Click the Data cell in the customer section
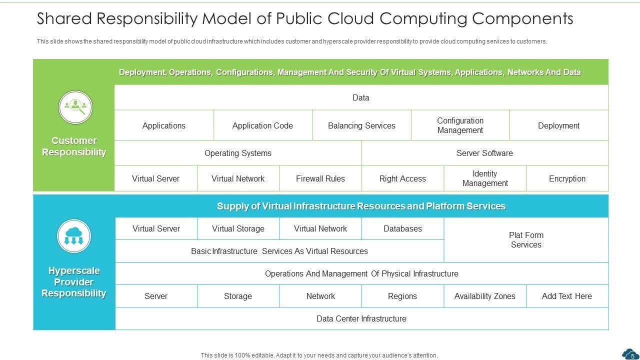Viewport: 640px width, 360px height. click(361, 97)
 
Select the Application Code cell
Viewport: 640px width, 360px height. click(262, 125)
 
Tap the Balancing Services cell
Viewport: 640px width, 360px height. click(361, 125)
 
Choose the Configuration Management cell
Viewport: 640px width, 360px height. click(460, 125)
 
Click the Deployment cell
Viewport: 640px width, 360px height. click(558, 125)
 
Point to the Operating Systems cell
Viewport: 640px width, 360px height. click(238, 153)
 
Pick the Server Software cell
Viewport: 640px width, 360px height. click(484, 153)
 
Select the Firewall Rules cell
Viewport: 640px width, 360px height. click(320, 178)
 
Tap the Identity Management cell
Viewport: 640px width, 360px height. click(484, 178)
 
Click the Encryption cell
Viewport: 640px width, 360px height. click(567, 178)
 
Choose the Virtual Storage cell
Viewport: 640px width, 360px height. click(238, 228)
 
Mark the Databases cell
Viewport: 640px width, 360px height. click(402, 228)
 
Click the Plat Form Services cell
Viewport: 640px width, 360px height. click(526, 240)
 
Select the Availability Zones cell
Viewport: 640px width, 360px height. click(484, 296)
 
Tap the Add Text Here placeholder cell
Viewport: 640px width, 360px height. click(567, 296)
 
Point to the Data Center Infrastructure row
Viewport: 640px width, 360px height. click(361, 318)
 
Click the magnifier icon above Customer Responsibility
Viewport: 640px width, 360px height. click(75, 106)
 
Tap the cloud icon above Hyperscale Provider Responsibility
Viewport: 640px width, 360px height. click(74, 235)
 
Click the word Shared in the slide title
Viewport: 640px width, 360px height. click(63, 18)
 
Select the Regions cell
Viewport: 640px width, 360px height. click(402, 296)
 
